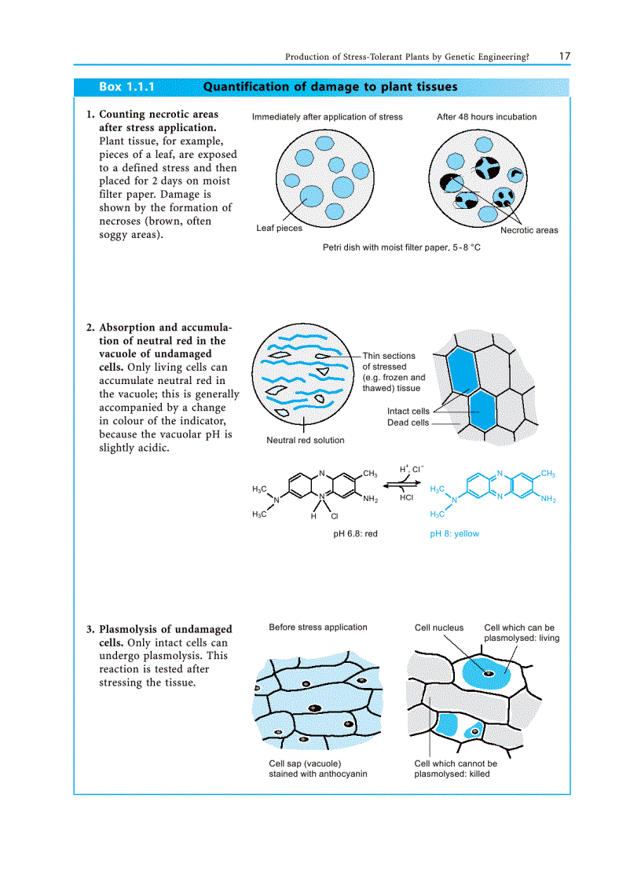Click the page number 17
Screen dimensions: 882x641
[565, 56]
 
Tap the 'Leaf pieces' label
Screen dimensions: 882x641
[279, 229]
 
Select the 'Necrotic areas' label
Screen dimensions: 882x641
[529, 230]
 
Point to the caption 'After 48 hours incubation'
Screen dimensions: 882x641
[486, 117]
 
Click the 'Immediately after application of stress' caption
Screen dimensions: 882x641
[327, 117]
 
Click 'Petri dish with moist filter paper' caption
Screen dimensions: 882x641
[401, 247]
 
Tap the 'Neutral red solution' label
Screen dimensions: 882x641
[305, 440]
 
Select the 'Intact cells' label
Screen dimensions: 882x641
[408, 412]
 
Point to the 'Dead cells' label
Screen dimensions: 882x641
[408, 423]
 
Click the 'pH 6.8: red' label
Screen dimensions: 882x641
[355, 533]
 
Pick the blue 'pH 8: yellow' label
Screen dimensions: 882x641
[454, 533]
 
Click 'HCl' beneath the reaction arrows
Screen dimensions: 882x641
[406, 498]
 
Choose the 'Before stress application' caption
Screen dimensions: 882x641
[317, 627]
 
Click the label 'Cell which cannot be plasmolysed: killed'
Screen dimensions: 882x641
[455, 768]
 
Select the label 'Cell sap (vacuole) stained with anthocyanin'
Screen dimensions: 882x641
[317, 768]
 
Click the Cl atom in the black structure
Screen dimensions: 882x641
[334, 517]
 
